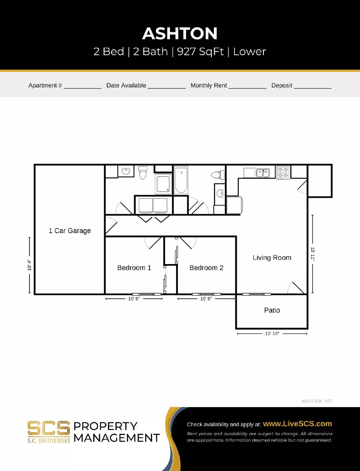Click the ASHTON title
(180, 34)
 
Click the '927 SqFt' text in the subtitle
(200, 52)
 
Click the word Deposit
(282, 85)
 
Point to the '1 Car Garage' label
(69, 231)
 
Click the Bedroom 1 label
(134, 268)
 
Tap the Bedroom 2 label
(206, 268)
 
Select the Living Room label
(272, 258)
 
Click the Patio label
(272, 310)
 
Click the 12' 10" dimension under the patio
(272, 334)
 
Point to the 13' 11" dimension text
(313, 254)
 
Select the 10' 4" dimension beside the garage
(29, 265)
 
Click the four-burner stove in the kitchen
(283, 173)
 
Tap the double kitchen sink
(263, 173)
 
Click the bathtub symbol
(181, 180)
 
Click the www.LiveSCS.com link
(297, 424)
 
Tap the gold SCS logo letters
(49, 428)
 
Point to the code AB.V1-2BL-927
(317, 401)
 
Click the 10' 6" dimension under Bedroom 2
(206, 299)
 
